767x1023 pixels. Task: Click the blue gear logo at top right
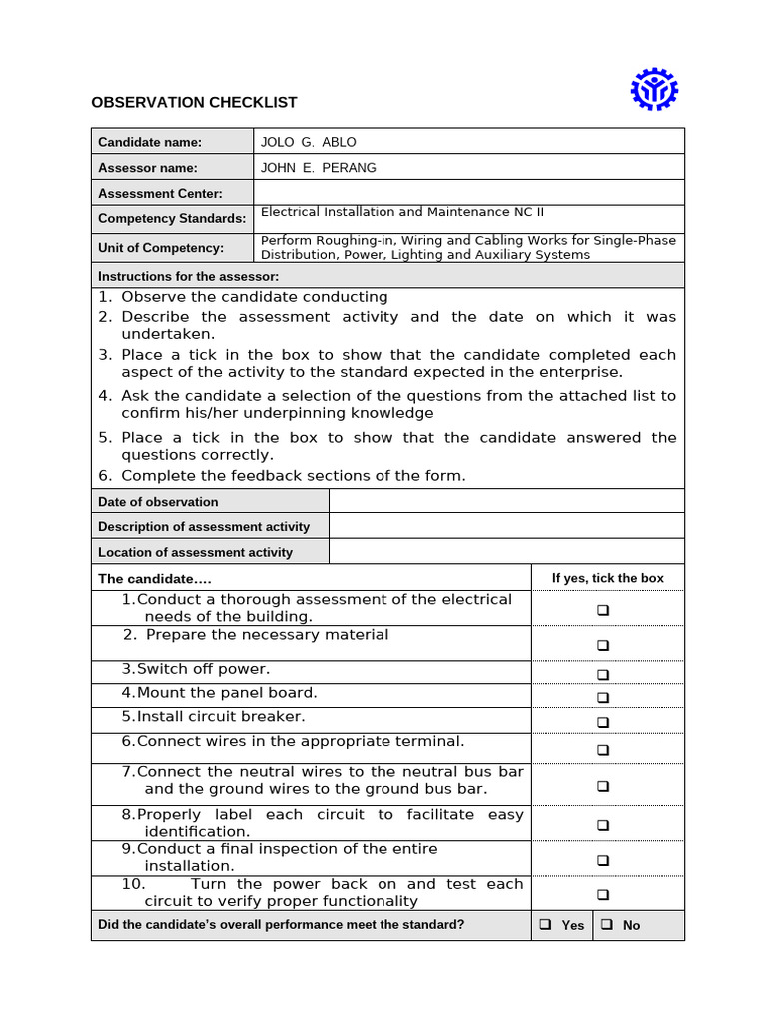point(654,90)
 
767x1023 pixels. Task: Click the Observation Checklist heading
point(194,102)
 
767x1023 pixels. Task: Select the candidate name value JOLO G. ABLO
point(308,142)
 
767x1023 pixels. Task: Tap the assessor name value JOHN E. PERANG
point(318,168)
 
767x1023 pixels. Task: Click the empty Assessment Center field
point(468,193)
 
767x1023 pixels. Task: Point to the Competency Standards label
point(172,219)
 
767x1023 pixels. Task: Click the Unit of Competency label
point(161,248)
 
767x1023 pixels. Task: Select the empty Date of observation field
point(506,501)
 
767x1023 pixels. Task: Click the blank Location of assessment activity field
point(506,552)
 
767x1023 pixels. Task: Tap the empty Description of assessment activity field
point(506,526)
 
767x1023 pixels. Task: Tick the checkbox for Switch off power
point(603,675)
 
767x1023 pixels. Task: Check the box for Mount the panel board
point(603,697)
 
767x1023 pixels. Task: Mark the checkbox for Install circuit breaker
point(603,722)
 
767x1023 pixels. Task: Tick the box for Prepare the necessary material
point(603,646)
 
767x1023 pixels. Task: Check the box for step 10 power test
point(603,895)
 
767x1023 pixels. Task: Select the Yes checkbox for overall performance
point(546,925)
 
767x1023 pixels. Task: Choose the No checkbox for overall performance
point(607,925)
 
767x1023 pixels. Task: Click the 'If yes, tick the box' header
point(607,578)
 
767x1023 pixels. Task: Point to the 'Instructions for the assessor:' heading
point(188,276)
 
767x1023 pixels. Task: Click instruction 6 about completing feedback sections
point(293,476)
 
